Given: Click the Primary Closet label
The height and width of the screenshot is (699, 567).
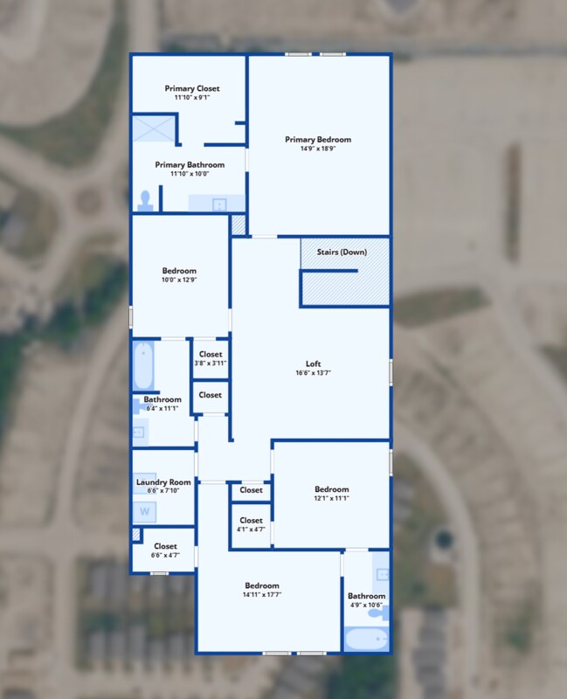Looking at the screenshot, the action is click(192, 88).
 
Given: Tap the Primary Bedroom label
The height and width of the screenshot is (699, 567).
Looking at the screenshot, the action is click(318, 140).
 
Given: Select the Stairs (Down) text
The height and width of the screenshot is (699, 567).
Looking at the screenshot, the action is click(342, 252).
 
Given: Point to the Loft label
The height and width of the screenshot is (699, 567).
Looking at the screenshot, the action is click(313, 363).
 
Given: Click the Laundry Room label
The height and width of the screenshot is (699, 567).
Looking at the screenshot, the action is click(163, 482).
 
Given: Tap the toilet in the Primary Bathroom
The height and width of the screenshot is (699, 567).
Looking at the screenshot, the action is click(145, 201).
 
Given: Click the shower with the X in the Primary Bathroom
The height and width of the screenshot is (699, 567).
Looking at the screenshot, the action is click(154, 128).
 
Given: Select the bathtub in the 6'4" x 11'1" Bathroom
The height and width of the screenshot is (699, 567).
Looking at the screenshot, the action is click(143, 365).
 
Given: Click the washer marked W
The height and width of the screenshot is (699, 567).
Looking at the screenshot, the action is click(144, 511).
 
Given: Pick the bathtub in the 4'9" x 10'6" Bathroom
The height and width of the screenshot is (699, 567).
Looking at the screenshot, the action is click(366, 639).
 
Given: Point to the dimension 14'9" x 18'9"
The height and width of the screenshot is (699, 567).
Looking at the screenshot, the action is click(318, 149).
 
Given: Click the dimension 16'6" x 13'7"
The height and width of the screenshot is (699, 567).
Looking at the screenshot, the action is click(313, 373).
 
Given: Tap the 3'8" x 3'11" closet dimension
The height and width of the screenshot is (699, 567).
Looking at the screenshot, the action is click(211, 363).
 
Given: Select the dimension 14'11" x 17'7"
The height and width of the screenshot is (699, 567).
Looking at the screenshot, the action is click(262, 595).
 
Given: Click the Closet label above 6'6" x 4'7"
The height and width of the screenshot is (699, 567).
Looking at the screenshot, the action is click(165, 546).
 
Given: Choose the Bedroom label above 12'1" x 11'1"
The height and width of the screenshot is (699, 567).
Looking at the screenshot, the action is click(332, 489).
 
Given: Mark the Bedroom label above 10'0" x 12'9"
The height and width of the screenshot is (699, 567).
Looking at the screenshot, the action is click(179, 271).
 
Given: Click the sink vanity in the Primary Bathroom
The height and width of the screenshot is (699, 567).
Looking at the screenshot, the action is click(217, 203).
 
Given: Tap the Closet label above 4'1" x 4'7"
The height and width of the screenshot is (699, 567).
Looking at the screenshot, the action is click(251, 520).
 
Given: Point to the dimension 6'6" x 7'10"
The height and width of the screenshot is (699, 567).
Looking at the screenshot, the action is click(163, 491).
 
